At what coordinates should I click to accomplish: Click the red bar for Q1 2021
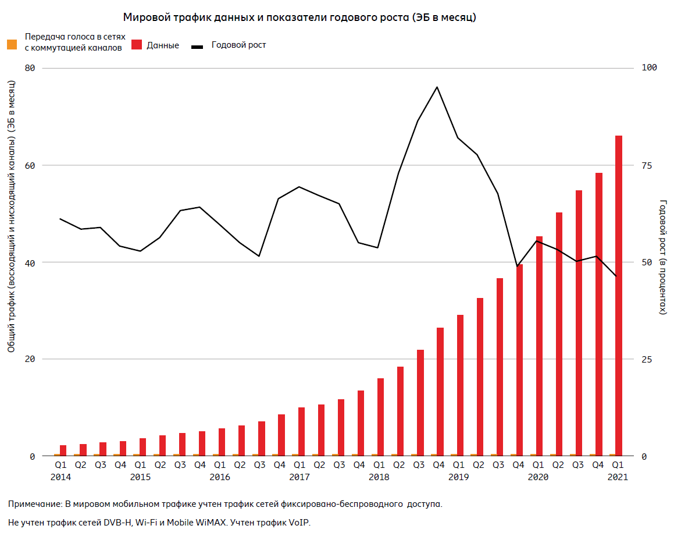(x=618, y=295)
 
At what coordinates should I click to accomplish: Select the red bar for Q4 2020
(x=598, y=314)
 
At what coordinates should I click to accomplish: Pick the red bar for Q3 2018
(x=420, y=402)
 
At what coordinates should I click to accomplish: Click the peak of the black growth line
(x=437, y=87)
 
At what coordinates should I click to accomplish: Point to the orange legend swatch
(x=12, y=44)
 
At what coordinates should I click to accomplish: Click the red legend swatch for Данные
(x=137, y=44)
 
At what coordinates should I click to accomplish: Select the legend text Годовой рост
(x=238, y=45)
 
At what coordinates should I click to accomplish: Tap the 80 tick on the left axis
(x=30, y=68)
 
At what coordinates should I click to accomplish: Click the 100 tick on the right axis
(x=648, y=68)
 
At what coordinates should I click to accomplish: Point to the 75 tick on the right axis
(x=646, y=165)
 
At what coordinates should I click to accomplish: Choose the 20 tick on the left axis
(x=30, y=359)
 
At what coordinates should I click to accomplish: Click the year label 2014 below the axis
(x=60, y=477)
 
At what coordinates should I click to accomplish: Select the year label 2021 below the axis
(x=617, y=477)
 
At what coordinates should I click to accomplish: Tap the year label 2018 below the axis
(x=379, y=477)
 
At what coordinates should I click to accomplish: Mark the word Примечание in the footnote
(x=34, y=503)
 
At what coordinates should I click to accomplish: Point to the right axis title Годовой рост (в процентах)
(x=662, y=257)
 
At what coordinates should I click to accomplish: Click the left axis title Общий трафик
(x=11, y=326)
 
